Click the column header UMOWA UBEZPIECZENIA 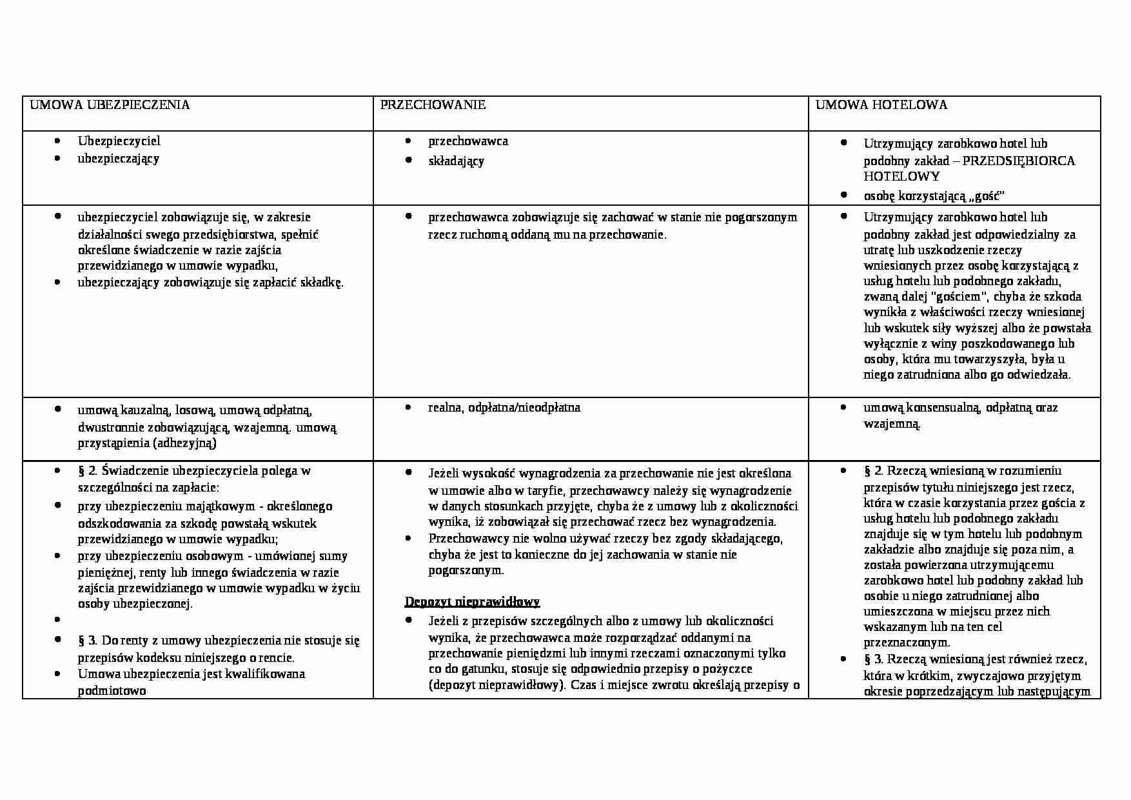tap(110, 105)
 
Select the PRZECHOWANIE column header tap(433, 105)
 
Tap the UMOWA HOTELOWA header tap(881, 105)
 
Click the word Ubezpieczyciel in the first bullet tap(119, 141)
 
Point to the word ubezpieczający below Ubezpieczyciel tap(119, 159)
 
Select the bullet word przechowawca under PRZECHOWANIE tap(468, 141)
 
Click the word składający tap(456, 161)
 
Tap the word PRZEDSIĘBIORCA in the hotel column tap(1018, 161)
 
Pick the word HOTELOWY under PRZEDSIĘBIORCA tap(892, 177)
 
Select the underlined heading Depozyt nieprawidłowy tap(472, 602)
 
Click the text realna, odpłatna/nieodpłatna tap(504, 408)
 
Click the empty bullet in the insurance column tap(59, 619)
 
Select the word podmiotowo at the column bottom tap(112, 691)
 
